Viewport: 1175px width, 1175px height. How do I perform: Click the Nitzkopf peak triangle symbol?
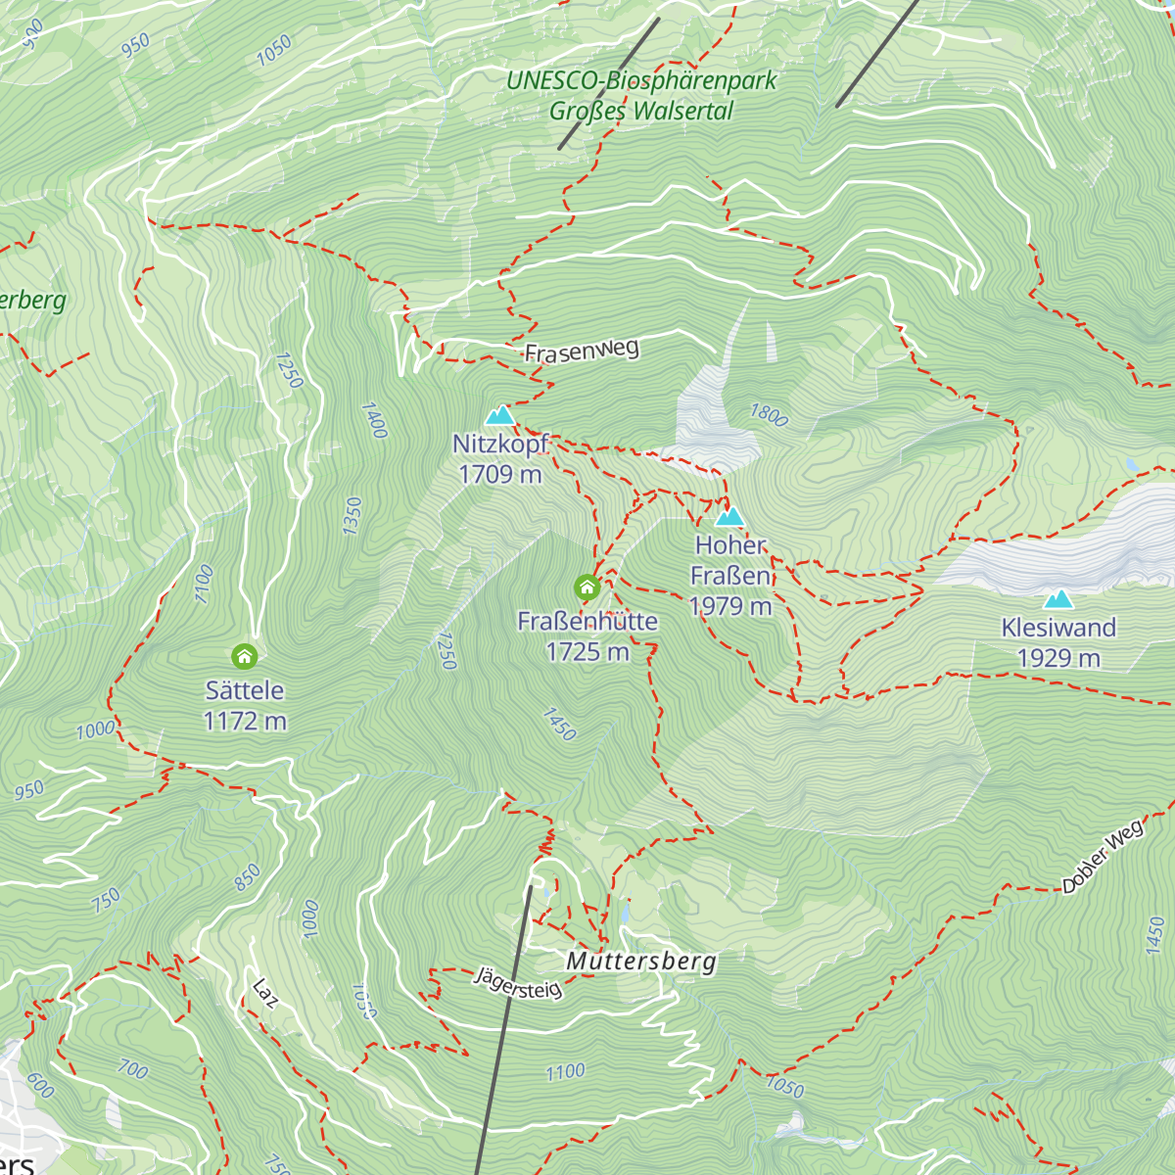[500, 415]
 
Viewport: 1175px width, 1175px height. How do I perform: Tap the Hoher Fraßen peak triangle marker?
[729, 517]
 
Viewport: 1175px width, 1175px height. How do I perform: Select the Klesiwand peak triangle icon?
[1057, 599]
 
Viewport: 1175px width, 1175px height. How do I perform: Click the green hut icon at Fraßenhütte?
[587, 587]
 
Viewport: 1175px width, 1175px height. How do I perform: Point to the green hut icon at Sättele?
[244, 656]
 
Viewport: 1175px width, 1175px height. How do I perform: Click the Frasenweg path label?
[582, 351]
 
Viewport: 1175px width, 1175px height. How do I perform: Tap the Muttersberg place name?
[641, 961]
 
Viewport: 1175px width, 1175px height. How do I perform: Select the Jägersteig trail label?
[519, 983]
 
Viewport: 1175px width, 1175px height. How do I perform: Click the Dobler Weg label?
[1103, 858]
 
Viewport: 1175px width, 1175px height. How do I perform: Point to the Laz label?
[264, 993]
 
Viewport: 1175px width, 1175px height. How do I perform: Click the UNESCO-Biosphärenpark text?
[641, 81]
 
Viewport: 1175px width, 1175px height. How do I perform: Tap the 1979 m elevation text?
[730, 607]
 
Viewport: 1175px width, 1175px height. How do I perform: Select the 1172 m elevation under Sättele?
[245, 722]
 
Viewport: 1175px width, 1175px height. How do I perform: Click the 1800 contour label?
[769, 415]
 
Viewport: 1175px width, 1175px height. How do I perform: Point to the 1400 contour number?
[374, 420]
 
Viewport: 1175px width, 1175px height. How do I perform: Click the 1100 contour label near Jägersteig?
[565, 1072]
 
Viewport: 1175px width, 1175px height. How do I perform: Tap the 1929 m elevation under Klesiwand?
[1058, 658]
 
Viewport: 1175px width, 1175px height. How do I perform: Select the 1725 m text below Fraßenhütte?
[587, 652]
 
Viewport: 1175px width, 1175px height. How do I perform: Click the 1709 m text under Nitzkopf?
[500, 474]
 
